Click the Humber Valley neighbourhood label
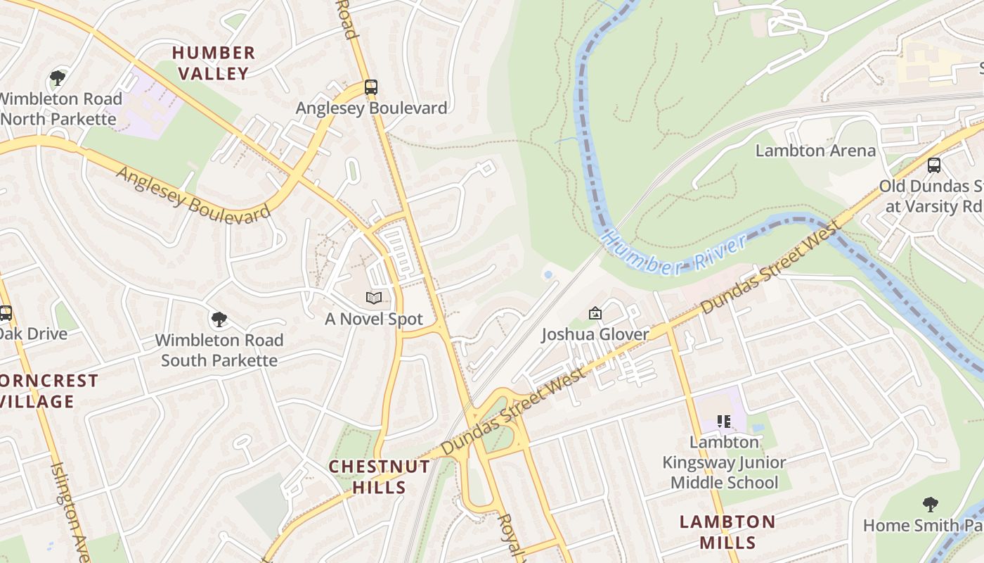[x=214, y=63]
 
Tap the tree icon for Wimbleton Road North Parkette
[x=58, y=78]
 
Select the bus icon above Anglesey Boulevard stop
[x=371, y=87]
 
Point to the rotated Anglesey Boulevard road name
[x=193, y=195]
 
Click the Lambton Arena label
[x=815, y=151]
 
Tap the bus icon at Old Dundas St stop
[x=933, y=165]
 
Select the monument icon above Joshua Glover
[x=595, y=313]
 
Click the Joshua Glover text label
[x=595, y=334]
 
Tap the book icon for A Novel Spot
[x=374, y=298]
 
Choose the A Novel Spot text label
[x=374, y=319]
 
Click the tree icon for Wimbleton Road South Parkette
[x=219, y=320]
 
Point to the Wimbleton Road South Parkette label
[x=219, y=350]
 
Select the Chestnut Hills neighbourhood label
[x=380, y=476]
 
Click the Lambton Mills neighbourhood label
[x=727, y=532]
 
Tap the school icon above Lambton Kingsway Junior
[x=724, y=422]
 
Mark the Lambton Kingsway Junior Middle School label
[x=724, y=462]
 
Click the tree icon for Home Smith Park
[x=931, y=505]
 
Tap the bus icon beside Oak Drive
[x=6, y=313]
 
